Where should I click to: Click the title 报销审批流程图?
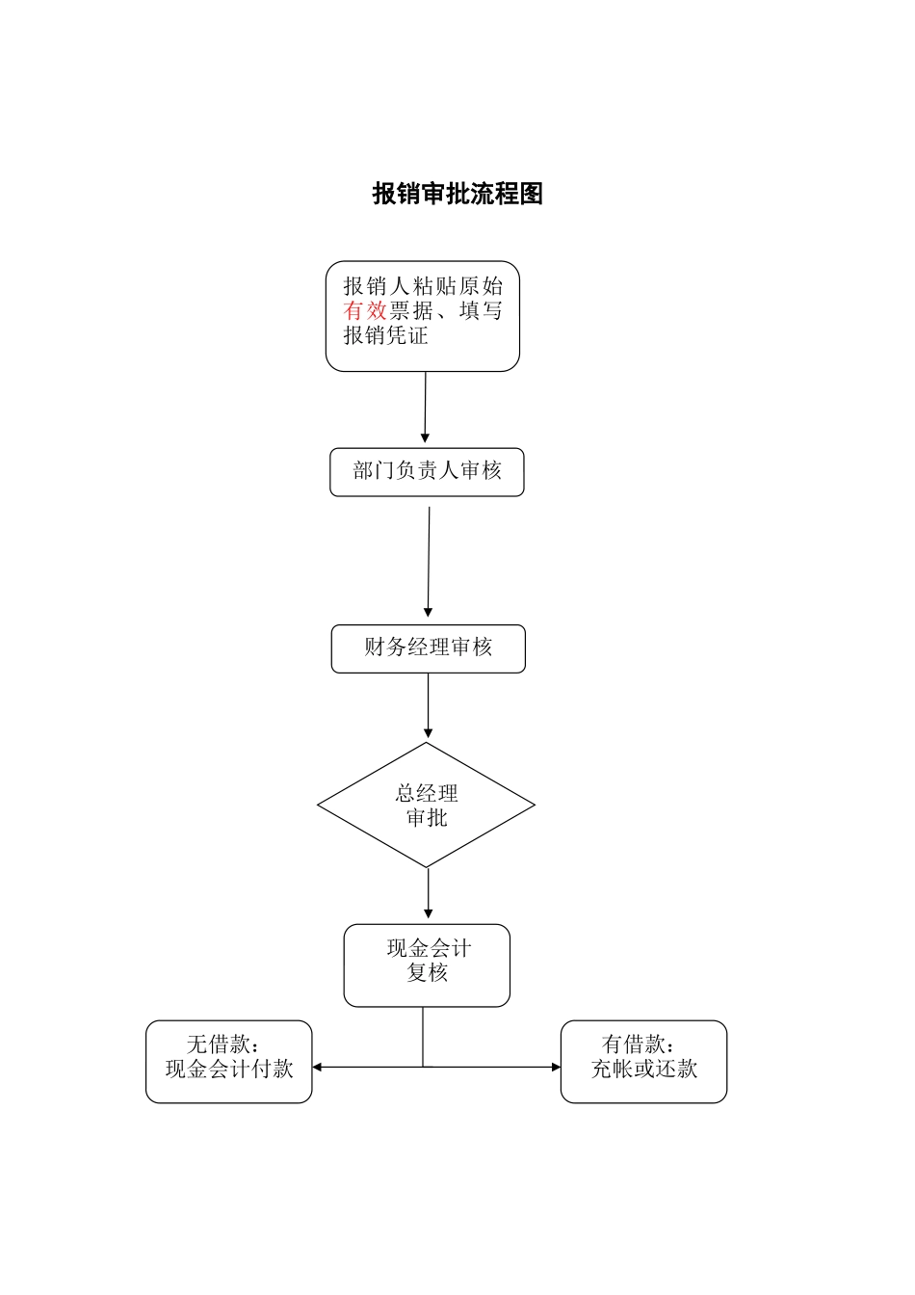point(457,194)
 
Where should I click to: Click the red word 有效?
point(365,310)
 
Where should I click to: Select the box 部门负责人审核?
point(427,472)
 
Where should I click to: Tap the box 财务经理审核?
point(428,648)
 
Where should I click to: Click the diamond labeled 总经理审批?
point(426,805)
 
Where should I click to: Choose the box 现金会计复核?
point(427,965)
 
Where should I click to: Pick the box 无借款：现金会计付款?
point(229,1061)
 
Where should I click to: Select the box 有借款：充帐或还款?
point(643,1061)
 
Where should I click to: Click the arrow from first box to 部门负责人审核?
point(425,407)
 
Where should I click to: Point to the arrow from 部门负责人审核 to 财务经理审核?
point(429,562)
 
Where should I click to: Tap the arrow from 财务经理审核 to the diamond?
point(428,706)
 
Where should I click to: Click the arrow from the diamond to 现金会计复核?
point(428,893)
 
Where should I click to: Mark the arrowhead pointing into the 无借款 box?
point(317,1067)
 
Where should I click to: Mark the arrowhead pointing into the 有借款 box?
point(556,1067)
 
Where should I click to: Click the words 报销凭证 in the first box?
point(385,335)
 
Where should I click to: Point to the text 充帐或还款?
point(643,1069)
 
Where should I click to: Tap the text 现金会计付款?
point(229,1069)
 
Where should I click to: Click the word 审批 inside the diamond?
point(427,818)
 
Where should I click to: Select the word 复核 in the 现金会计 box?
point(427,972)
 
